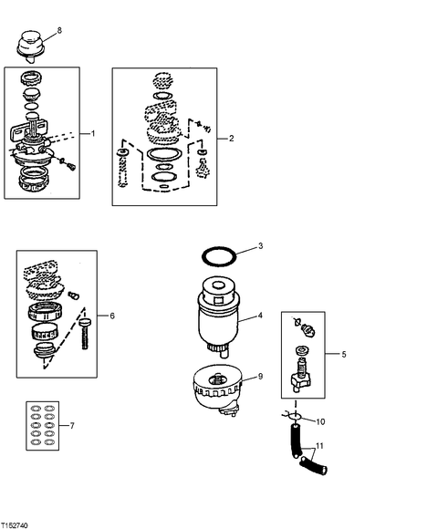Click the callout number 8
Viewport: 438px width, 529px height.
tap(59, 30)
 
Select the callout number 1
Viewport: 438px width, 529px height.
tap(93, 133)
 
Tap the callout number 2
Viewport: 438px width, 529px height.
tap(231, 139)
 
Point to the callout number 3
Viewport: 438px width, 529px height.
tap(260, 246)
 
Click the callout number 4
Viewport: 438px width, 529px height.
tap(260, 316)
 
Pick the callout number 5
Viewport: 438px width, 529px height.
tap(344, 354)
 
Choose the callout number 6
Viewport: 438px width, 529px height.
tap(112, 316)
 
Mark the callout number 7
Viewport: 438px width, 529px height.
tap(72, 426)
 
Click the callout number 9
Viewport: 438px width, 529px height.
tap(260, 376)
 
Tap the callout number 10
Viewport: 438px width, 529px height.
tap(320, 421)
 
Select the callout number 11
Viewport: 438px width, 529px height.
tap(319, 446)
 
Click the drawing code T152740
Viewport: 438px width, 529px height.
tap(15, 525)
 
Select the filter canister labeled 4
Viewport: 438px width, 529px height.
tap(219, 316)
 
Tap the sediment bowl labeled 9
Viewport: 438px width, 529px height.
tap(218, 390)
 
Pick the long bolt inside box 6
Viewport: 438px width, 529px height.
tap(85, 333)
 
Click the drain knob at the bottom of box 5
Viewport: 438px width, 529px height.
tap(298, 381)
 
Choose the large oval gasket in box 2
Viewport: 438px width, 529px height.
tap(164, 154)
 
